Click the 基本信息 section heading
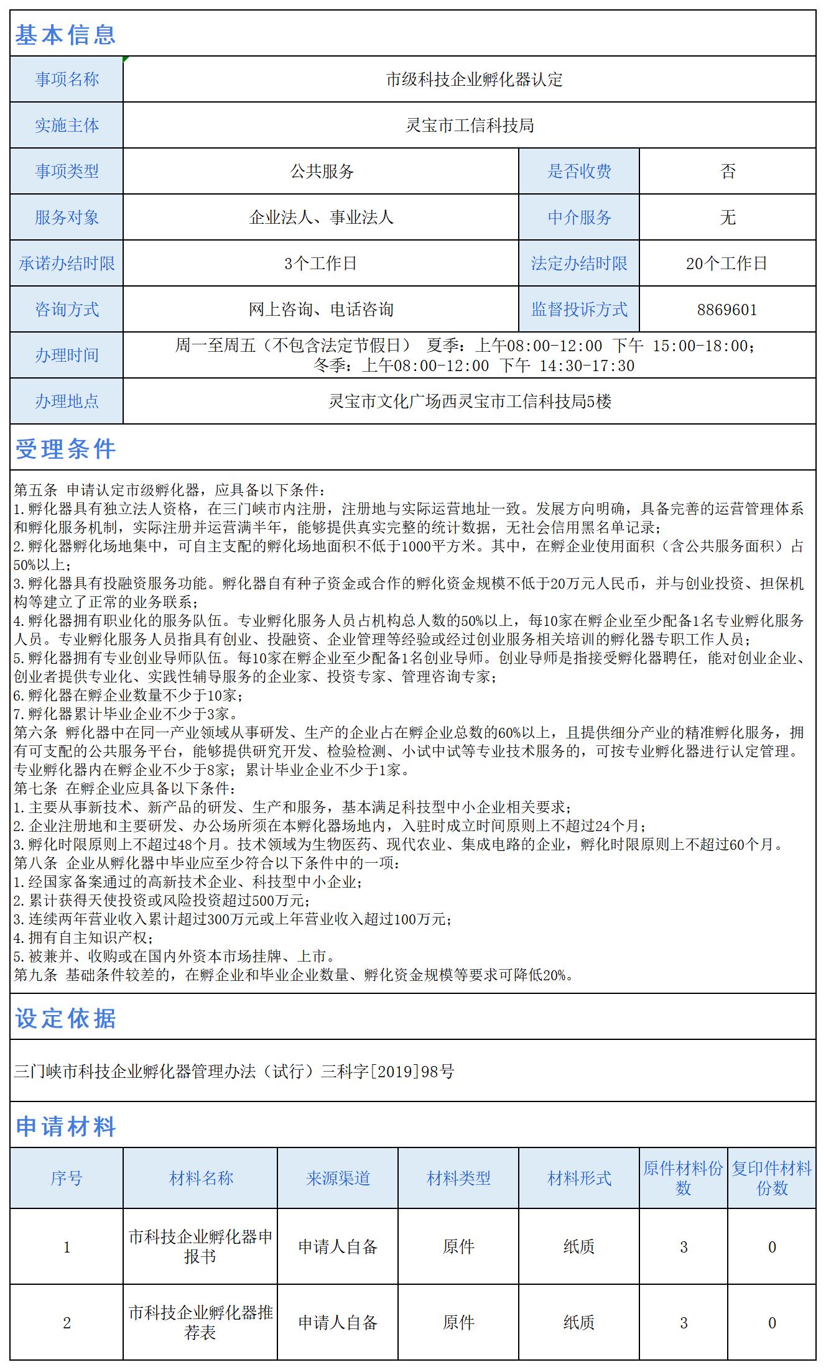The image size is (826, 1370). (x=65, y=34)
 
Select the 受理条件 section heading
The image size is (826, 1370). (x=65, y=448)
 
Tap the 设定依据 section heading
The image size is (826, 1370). (x=65, y=1018)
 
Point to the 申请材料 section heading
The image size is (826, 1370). (x=65, y=1126)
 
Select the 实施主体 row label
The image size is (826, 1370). (x=67, y=126)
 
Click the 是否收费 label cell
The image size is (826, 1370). (x=579, y=172)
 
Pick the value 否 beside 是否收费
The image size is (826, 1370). (x=728, y=172)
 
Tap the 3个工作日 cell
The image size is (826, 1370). (x=320, y=264)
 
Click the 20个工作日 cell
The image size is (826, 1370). (x=726, y=264)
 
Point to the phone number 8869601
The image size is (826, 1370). (x=727, y=310)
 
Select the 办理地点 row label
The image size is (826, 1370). (x=67, y=402)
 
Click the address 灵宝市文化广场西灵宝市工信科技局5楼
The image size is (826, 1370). (x=470, y=402)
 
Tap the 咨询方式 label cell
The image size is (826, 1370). (x=67, y=310)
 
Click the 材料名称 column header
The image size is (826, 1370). (x=201, y=1178)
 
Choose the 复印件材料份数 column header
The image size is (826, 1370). (x=771, y=1178)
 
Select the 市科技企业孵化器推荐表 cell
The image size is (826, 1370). (x=200, y=1322)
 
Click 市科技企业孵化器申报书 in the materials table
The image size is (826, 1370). (x=200, y=1246)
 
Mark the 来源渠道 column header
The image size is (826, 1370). (x=338, y=1178)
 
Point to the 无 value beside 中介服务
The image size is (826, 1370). (x=728, y=218)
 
